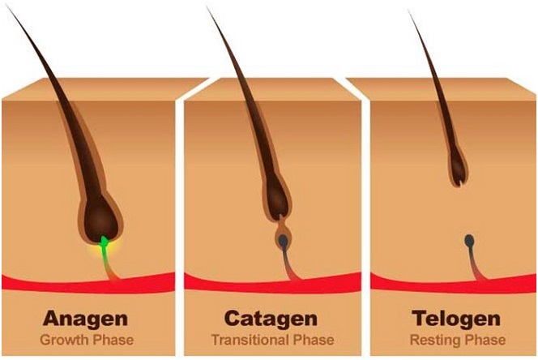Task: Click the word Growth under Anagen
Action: click(x=64, y=340)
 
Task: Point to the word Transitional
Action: click(x=250, y=340)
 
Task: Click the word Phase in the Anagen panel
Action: click(x=113, y=340)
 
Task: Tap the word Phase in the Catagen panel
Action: click(x=314, y=340)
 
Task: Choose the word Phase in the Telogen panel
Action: click(x=485, y=340)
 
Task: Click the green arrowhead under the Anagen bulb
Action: click(x=104, y=241)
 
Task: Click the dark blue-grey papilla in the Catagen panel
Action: click(x=284, y=242)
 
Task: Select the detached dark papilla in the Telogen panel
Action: click(x=469, y=241)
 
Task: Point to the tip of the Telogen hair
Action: click(x=408, y=11)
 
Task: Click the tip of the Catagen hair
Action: click(x=207, y=6)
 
